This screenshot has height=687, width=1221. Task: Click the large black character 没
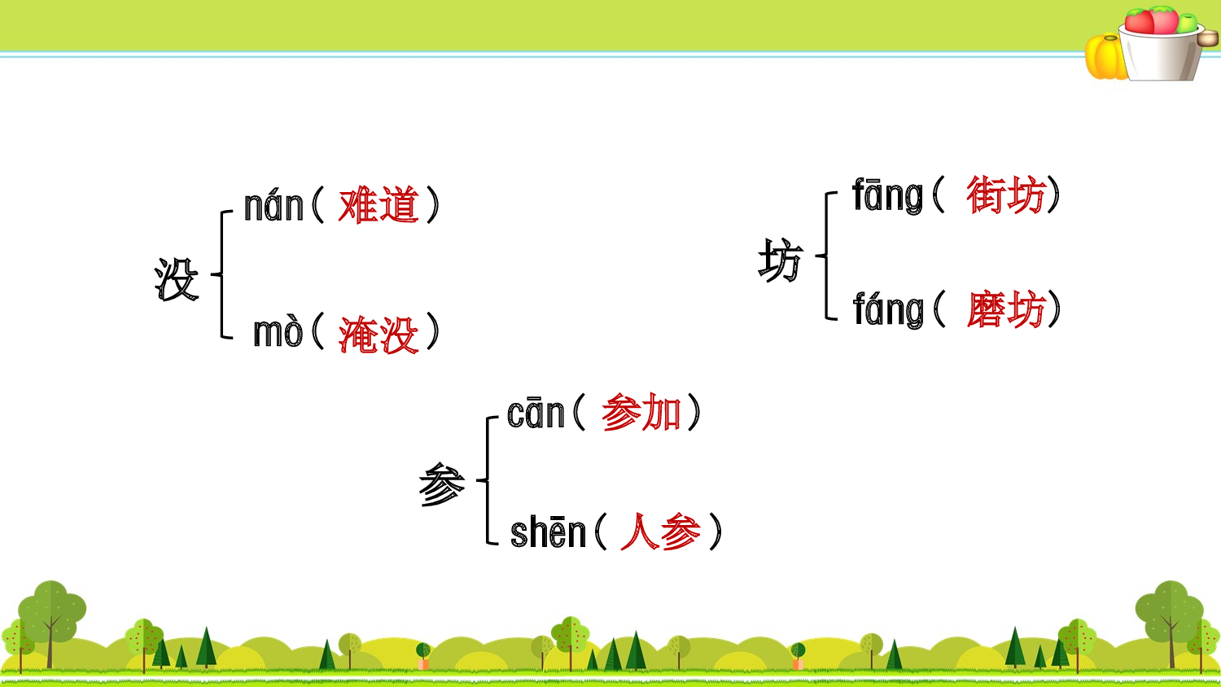(177, 279)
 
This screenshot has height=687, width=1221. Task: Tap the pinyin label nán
(274, 207)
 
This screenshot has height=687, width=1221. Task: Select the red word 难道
(379, 205)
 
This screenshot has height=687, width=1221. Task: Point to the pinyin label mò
(278, 333)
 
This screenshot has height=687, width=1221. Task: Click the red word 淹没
(379, 335)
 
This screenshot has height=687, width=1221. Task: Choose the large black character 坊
(780, 260)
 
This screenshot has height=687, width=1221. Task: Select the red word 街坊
(1005, 196)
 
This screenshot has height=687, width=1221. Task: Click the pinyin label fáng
(888, 310)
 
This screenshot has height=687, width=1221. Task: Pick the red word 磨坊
(1005, 310)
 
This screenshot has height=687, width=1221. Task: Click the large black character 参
(441, 484)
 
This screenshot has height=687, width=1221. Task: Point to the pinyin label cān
(536, 414)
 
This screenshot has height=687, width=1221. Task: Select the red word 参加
(641, 413)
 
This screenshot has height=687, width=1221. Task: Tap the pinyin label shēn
(548, 533)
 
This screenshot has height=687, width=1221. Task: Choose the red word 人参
(660, 532)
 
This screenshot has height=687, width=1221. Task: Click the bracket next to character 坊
(827, 256)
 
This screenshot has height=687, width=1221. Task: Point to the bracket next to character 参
(488, 480)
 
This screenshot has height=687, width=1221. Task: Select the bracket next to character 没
(221, 274)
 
